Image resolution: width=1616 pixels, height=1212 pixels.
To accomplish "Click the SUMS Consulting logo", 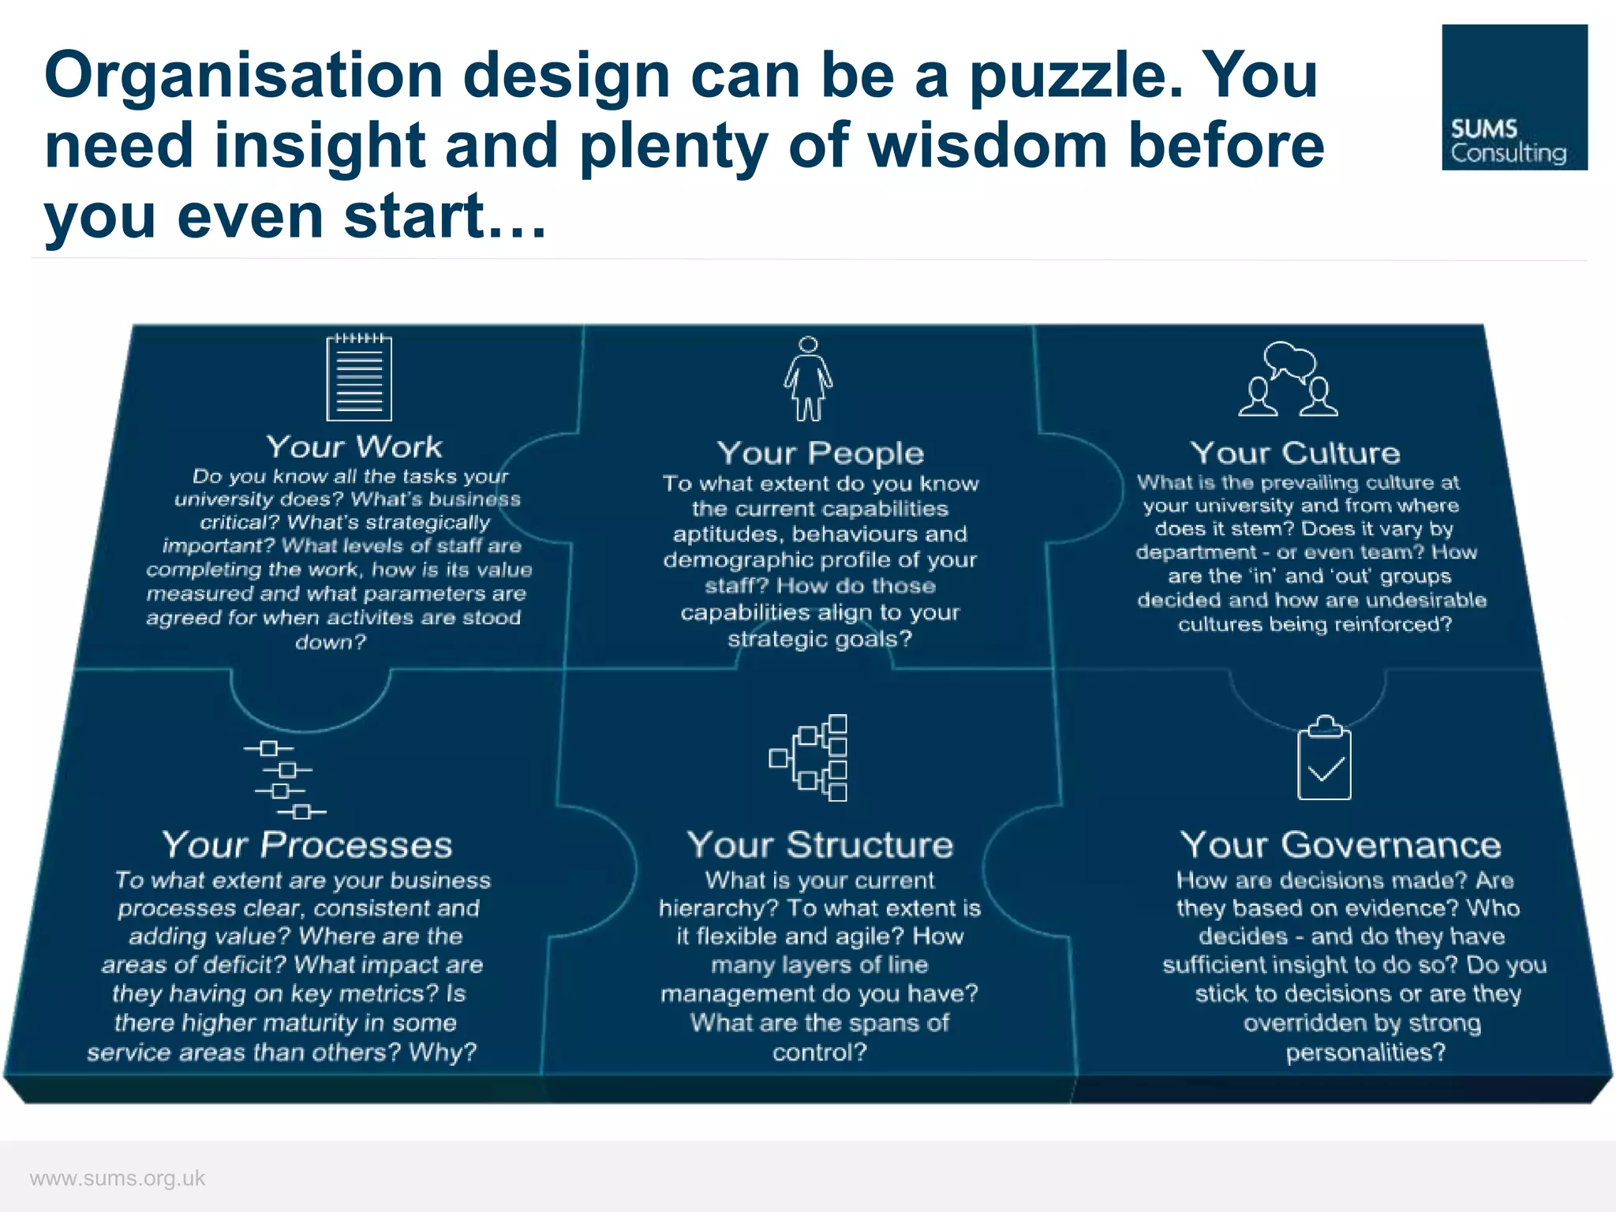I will (1513, 97).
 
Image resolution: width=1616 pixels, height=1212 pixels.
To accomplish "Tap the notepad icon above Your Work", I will (359, 377).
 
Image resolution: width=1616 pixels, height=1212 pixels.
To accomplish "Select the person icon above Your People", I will (808, 379).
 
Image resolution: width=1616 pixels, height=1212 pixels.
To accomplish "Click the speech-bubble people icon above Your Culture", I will (1288, 380).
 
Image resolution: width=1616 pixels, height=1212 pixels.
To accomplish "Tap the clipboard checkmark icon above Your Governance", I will (1324, 758).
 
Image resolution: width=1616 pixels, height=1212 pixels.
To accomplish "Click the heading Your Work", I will (354, 447).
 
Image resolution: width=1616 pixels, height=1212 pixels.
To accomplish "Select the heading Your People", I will (820, 454).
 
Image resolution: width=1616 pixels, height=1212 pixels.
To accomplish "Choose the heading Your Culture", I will (1295, 453).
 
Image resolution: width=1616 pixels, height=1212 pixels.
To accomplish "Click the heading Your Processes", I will (307, 845).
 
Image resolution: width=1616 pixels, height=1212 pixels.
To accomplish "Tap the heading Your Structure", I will (820, 845).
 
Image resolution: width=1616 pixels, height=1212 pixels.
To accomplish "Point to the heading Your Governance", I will (1340, 845).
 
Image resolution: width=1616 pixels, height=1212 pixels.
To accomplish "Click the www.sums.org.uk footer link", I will (118, 1178).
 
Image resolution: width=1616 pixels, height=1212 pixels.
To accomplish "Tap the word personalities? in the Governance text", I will (1366, 1053).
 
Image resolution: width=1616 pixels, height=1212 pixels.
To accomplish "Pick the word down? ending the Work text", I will (331, 642).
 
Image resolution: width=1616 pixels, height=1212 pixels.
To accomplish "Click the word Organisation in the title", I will (244, 76).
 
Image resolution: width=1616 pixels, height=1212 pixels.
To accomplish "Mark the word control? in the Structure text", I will (819, 1053).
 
